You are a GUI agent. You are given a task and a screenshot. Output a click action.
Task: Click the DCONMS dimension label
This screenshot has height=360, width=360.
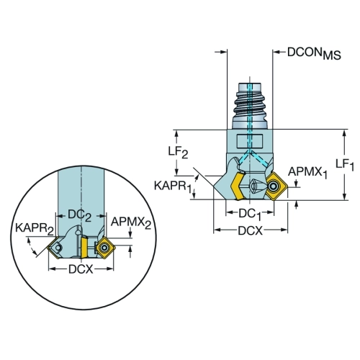click(x=314, y=53)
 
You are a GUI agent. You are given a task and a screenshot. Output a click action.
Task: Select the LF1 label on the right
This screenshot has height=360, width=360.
click(x=345, y=165)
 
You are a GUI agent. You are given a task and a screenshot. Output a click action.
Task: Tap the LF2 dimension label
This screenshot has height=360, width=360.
click(x=178, y=152)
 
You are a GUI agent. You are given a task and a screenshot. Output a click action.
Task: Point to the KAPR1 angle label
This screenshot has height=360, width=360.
click(x=172, y=186)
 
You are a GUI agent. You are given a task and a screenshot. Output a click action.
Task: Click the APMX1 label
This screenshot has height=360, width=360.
click(x=307, y=173)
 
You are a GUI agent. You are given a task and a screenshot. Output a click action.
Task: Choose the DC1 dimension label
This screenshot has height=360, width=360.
click(x=249, y=214)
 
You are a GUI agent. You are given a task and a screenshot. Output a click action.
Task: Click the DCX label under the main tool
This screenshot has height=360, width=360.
click(x=251, y=231)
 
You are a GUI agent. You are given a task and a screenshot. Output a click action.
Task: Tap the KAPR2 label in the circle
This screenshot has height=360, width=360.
click(x=35, y=229)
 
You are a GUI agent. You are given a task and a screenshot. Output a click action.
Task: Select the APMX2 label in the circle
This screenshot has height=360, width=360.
click(x=131, y=223)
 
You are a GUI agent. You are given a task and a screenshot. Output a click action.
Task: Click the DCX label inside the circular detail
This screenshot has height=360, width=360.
click(x=81, y=269)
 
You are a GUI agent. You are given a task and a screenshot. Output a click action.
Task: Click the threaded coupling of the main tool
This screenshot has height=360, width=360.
click(x=250, y=106)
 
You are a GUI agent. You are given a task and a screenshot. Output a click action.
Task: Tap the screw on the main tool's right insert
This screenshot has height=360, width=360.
click(x=273, y=186)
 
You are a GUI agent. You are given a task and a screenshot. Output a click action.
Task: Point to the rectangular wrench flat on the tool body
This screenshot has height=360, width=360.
click(x=250, y=142)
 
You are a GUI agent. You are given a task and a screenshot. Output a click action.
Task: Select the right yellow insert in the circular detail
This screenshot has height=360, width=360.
click(x=105, y=248)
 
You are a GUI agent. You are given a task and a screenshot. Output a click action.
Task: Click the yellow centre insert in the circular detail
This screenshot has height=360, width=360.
click(x=84, y=248)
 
